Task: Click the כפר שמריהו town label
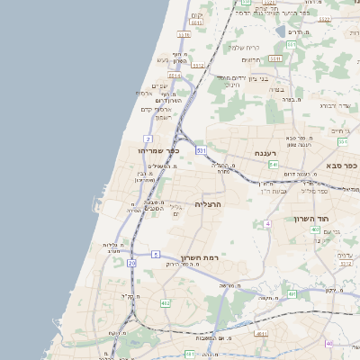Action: [159, 151]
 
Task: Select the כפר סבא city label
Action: [342, 166]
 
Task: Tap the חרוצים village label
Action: [251, 60]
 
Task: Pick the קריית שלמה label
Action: [243, 47]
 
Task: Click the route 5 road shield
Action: [156, 256]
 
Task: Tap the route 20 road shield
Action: [131, 263]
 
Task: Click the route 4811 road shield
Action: [261, 334]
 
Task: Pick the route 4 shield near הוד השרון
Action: [267, 223]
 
